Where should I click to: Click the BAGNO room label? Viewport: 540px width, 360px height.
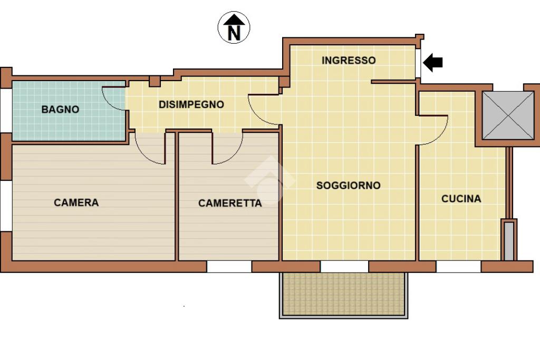coord(60,110)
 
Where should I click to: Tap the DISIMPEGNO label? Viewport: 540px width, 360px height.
coord(191,104)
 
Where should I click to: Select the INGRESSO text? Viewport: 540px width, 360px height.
coord(349,60)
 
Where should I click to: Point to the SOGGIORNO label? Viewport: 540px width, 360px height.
coord(348,185)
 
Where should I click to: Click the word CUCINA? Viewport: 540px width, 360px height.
coord(461,199)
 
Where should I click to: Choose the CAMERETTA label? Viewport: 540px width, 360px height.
coord(230,203)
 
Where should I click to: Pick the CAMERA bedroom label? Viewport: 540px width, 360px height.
coord(76,202)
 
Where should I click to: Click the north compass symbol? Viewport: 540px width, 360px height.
coord(234,27)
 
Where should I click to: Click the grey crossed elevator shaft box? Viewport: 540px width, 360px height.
coord(508,115)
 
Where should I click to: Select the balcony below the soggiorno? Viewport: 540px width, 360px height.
coord(344,295)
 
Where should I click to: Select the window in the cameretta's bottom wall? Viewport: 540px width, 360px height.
coord(229,266)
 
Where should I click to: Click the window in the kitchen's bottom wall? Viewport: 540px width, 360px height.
coord(459,266)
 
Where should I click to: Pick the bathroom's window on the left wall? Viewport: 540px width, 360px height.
coord(5,111)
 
